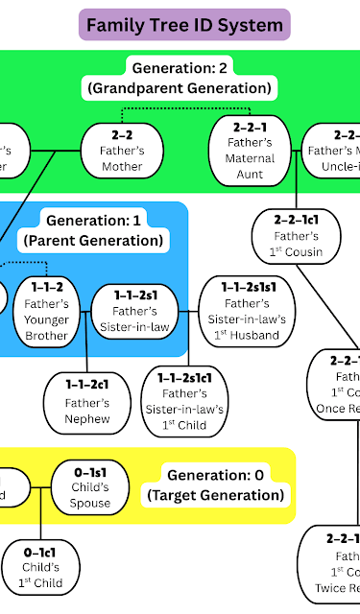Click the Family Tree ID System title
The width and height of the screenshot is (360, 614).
185,24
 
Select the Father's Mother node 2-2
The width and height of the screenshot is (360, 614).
122,151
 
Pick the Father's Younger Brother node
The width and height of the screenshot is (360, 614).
47,311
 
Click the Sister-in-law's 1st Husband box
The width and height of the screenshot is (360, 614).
246,311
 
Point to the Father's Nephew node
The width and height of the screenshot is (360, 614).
87,401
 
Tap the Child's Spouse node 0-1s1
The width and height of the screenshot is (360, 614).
91,488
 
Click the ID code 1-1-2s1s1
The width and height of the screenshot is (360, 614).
246,286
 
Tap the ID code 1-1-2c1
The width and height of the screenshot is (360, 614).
87,384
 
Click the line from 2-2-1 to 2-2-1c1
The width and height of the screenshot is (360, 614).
266,196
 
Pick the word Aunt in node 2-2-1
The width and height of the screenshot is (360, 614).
250,176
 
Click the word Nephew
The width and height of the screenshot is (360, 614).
87,418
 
